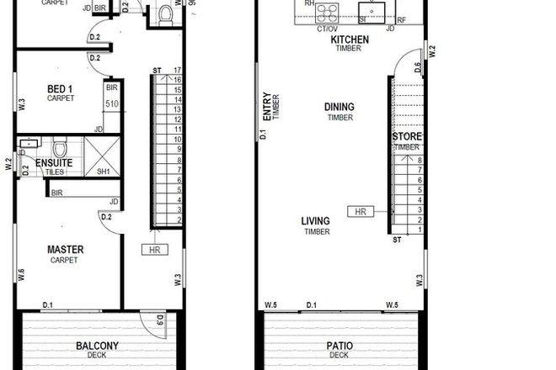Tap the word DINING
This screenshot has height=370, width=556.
click(340, 107)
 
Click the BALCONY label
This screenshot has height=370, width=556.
click(97, 346)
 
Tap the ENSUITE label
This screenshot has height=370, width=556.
click(53, 161)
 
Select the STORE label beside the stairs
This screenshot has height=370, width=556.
click(406, 136)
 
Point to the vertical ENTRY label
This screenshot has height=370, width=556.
click(266, 107)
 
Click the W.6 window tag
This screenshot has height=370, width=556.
click(19, 275)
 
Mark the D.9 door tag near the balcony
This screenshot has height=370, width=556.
click(159, 320)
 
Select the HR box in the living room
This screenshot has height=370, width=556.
click(360, 211)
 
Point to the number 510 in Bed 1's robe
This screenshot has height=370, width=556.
click(111, 103)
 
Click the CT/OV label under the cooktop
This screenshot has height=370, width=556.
click(327, 29)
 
